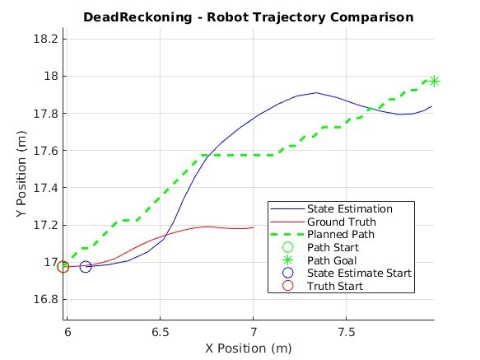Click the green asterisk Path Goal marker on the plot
pyautogui.click(x=434, y=82)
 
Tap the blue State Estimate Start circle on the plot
pyautogui.click(x=86, y=267)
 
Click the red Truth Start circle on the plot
pyautogui.click(x=63, y=267)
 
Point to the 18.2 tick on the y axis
pyautogui.click(x=46, y=40)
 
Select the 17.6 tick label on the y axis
pyautogui.click(x=46, y=151)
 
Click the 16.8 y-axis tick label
pyautogui.click(x=46, y=299)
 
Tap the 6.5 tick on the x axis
pyautogui.click(x=160, y=332)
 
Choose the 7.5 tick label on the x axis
pyautogui.click(x=347, y=332)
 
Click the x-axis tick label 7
pyautogui.click(x=253, y=332)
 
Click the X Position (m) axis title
pyautogui.click(x=249, y=348)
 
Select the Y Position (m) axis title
pyautogui.click(x=21, y=174)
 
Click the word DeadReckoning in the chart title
pyautogui.click(x=137, y=16)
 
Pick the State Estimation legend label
pyautogui.click(x=350, y=209)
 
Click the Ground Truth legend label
pyautogui.click(x=342, y=222)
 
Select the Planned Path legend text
pyautogui.click(x=341, y=235)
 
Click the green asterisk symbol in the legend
pyautogui.click(x=288, y=260)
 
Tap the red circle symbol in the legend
pyautogui.click(x=288, y=286)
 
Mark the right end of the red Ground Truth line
pyautogui.click(x=254, y=227)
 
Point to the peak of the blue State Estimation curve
pyautogui.click(x=316, y=92)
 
